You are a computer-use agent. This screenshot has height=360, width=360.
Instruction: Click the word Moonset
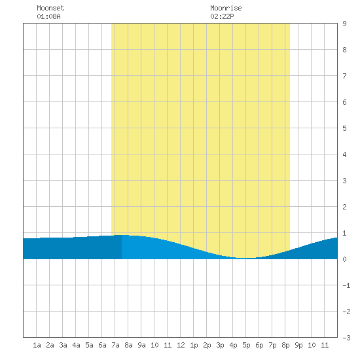coord(50,8)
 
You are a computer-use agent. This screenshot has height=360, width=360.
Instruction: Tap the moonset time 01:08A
coord(48,16)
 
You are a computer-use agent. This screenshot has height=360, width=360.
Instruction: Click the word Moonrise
coord(226,8)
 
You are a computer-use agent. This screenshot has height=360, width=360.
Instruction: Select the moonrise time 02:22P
coord(222,16)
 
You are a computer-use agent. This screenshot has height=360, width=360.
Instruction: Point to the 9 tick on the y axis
coord(344,24)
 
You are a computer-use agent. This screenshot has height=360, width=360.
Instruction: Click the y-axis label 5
coord(344,128)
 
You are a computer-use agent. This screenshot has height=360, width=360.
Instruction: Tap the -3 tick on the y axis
coord(346,338)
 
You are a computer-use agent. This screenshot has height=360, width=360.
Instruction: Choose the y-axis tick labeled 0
coord(344,259)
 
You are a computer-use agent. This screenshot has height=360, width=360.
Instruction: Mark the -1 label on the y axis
coord(346,285)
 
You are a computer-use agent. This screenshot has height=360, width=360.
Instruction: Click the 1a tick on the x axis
coord(37,345)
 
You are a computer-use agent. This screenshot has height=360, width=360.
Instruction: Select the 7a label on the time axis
coord(115,345)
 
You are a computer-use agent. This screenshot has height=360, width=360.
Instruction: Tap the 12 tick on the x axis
coord(181,345)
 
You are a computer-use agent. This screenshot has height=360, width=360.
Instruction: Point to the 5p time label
coord(246,345)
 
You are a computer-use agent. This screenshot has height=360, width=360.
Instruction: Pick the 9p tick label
coord(298,345)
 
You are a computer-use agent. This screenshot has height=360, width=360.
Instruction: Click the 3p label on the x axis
coord(220,345)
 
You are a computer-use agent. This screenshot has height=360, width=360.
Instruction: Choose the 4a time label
coord(76,345)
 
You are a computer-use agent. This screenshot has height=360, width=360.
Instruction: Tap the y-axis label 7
coord(344,76)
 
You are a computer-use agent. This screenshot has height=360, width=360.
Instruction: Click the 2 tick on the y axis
coord(344,207)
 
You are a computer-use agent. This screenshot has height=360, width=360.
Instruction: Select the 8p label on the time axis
coord(285,345)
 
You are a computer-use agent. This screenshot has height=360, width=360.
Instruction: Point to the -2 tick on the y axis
coord(346,312)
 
